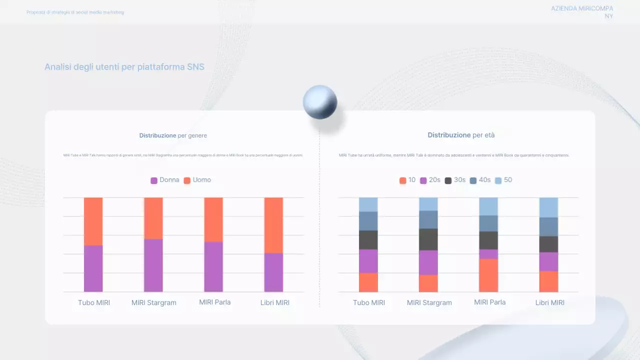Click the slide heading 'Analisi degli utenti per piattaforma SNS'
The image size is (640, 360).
(x=124, y=67)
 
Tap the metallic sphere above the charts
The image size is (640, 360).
(x=320, y=102)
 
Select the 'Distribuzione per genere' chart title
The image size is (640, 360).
(x=173, y=135)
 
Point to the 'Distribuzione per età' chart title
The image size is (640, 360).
(x=461, y=135)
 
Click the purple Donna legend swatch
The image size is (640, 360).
(x=154, y=180)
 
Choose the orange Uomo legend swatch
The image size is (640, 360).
(x=187, y=180)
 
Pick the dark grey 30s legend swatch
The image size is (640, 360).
(x=448, y=180)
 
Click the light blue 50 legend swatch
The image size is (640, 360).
(x=498, y=180)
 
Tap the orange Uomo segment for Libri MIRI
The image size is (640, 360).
(x=273, y=225)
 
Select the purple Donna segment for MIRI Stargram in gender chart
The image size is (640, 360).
(x=153, y=265)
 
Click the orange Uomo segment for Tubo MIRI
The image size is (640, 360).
(x=93, y=221)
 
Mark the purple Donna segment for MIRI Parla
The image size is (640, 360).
(x=213, y=266)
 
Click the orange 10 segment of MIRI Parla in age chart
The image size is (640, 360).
(x=488, y=275)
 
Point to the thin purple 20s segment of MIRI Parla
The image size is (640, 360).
(x=488, y=254)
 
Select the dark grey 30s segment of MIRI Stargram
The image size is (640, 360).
(x=428, y=239)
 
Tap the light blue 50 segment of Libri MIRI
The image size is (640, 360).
(x=548, y=207)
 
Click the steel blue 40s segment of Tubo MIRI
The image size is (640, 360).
(x=368, y=221)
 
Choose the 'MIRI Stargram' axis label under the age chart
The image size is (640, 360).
(x=429, y=302)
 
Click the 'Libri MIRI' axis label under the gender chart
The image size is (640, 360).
(x=275, y=302)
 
